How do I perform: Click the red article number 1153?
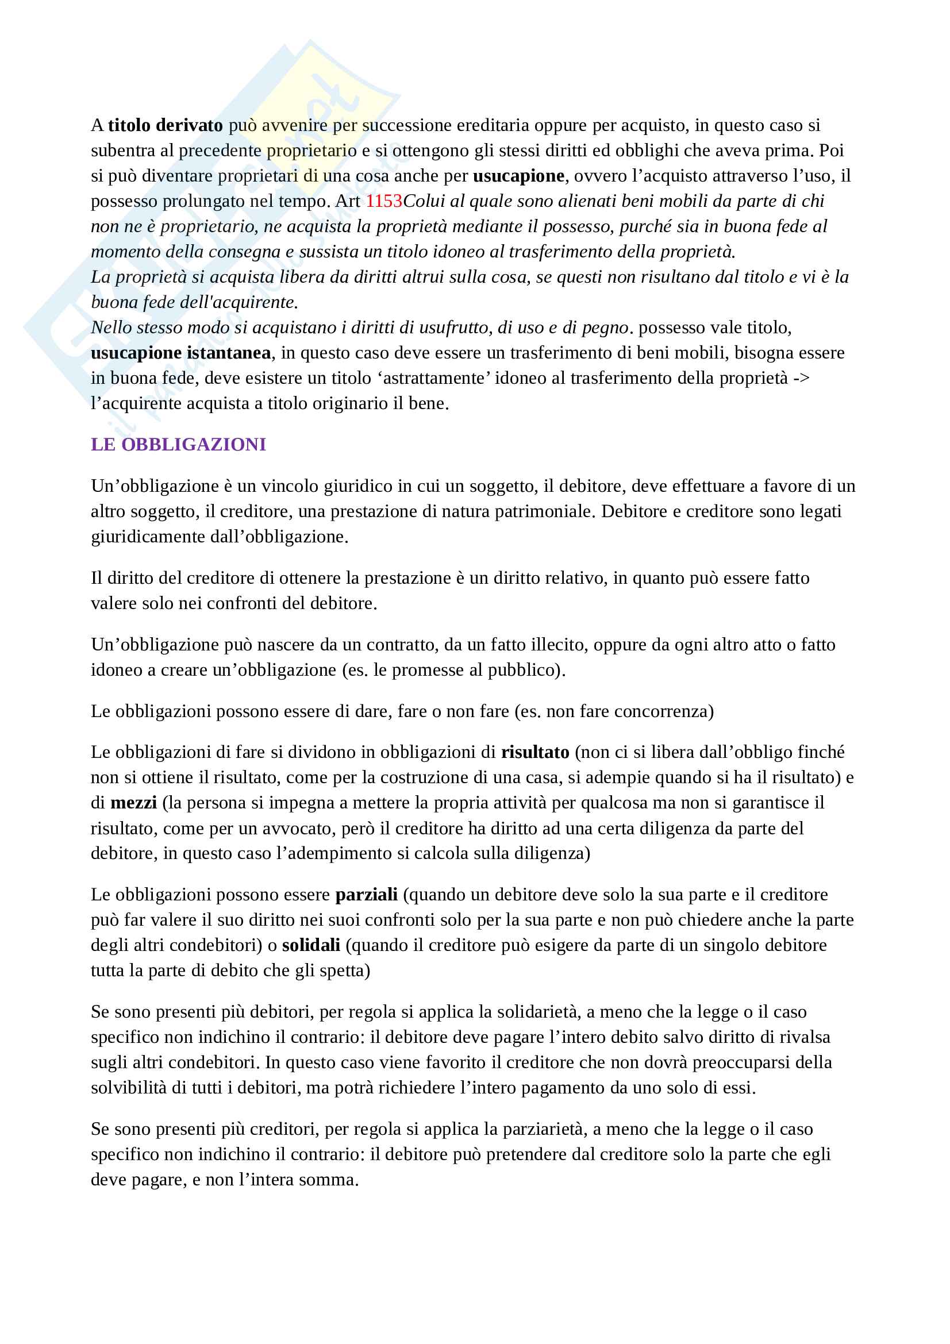point(383,201)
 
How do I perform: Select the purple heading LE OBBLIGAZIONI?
point(178,444)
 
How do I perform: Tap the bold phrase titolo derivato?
point(165,125)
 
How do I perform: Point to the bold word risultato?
point(535,752)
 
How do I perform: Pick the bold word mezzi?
point(133,802)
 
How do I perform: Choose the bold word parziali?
point(367,895)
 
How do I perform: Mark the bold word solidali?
point(311,945)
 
